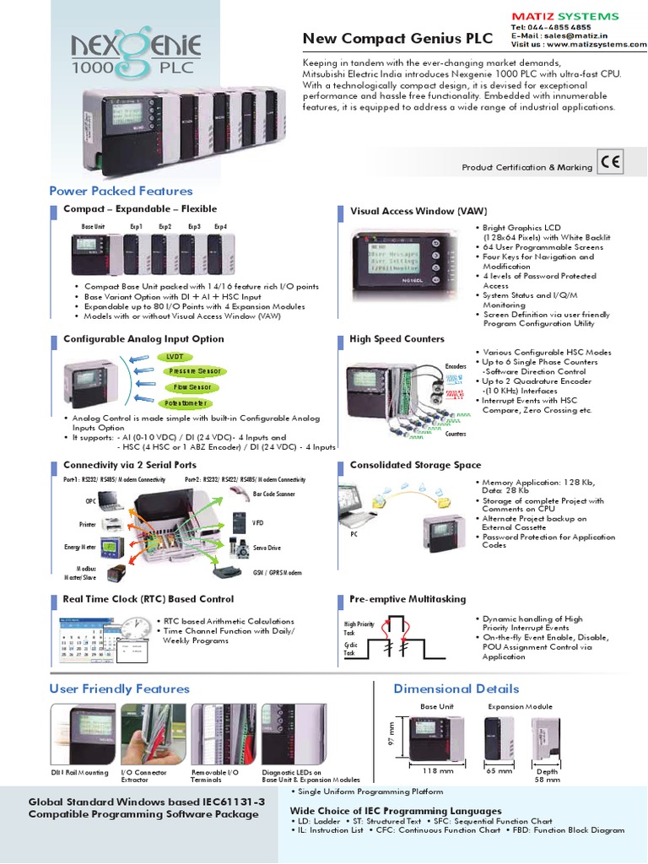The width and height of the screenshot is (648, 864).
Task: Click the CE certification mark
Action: click(611, 162)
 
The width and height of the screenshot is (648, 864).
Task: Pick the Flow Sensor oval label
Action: click(193, 386)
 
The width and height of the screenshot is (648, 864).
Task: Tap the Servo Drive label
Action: click(267, 548)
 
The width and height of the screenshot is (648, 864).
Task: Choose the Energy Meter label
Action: click(79, 547)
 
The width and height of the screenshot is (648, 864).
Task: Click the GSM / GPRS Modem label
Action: click(277, 572)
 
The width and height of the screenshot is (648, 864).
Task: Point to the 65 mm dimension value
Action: click(499, 771)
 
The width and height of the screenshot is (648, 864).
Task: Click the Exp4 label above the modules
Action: click(221, 227)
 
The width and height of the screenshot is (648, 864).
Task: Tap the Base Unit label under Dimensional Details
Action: click(437, 706)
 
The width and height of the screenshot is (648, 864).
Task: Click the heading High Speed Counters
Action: click(397, 339)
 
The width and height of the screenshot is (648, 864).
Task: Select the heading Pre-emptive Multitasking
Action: click(408, 599)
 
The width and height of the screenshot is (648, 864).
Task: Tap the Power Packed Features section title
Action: click(121, 192)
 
